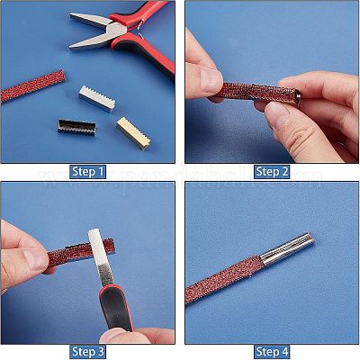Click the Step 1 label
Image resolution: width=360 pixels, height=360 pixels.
(x=87, y=171)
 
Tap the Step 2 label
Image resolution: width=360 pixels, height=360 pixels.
(x=272, y=171)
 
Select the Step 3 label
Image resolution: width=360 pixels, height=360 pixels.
(x=87, y=351)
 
